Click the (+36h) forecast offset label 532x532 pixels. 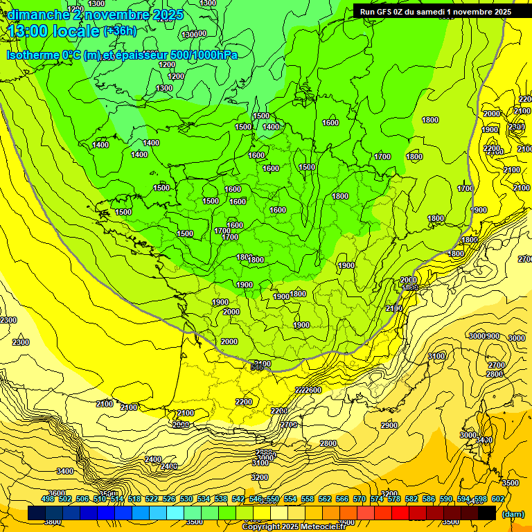(120, 30)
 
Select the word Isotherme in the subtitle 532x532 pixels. (35, 55)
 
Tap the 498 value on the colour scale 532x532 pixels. (48, 499)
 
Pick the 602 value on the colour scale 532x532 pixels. (498, 499)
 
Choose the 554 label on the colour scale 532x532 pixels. (290, 499)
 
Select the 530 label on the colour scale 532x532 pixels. (186, 499)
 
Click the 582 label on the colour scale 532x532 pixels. (411, 499)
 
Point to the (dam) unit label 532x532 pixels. (513, 513)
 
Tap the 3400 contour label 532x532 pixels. (65, 471)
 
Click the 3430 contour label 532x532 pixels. (484, 440)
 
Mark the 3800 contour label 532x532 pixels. (52, 522)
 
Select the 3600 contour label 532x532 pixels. (57, 493)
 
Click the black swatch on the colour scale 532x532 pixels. (487, 513)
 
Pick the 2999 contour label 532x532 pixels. (180, 424)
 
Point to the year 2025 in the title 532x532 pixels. (167, 15)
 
